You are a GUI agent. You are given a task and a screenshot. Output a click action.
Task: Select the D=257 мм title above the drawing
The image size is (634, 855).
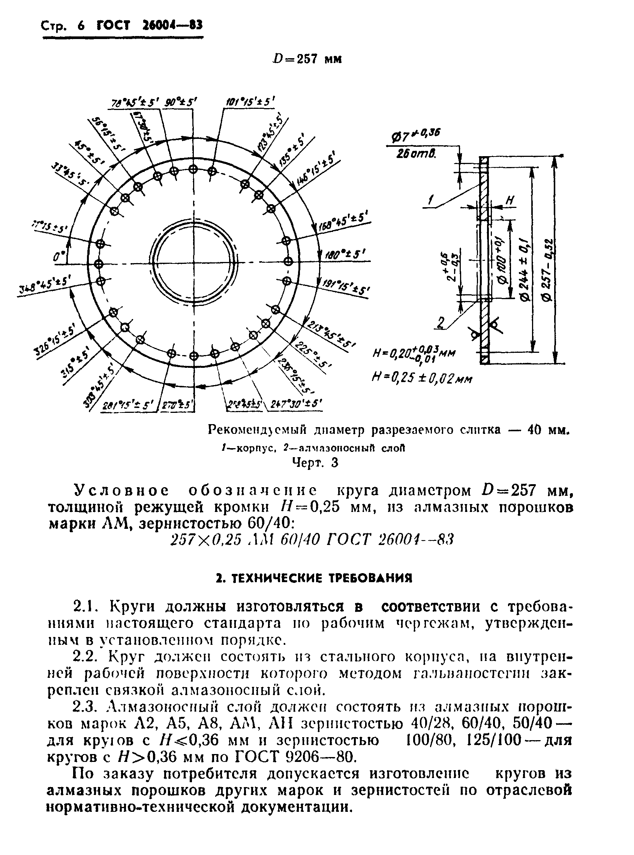[307, 59]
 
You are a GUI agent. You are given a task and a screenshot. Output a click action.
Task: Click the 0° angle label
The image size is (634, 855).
[59, 257]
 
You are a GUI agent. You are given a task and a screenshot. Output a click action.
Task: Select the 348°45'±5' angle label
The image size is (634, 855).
[43, 286]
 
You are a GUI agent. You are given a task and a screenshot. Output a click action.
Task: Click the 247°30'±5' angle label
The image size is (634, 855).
[296, 404]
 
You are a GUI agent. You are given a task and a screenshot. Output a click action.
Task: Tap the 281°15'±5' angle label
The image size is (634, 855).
[128, 405]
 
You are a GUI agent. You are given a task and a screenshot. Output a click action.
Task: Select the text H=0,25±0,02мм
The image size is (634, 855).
[422, 379]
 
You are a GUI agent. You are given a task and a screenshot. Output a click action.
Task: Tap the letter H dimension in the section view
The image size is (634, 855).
[510, 200]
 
